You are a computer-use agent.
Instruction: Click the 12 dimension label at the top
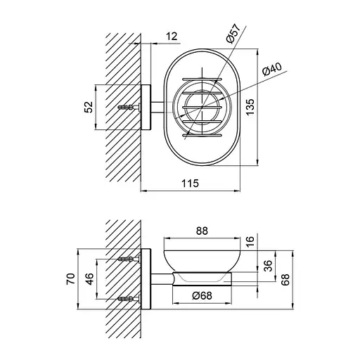tap(172, 37)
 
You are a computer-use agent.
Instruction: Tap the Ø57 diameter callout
tap(233, 33)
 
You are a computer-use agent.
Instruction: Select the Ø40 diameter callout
tap(272, 69)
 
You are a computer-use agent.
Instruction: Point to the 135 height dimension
tap(250, 107)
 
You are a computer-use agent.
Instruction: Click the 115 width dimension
tap(191, 183)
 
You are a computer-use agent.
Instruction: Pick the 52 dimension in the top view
tap(89, 107)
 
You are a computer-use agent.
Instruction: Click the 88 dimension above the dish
tap(202, 231)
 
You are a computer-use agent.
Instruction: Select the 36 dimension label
tap(269, 265)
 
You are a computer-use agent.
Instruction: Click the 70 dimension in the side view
tap(71, 279)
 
